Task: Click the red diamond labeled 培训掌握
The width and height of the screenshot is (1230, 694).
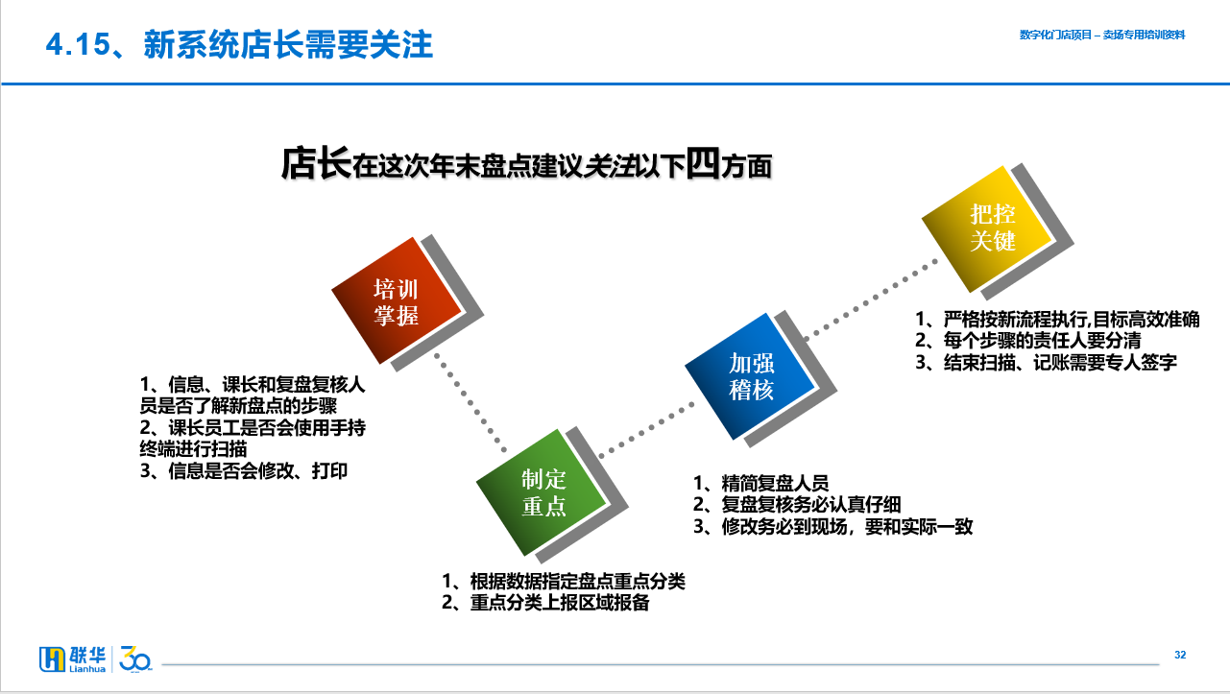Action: coord(397,300)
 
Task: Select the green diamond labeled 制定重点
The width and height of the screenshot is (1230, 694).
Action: coord(542,492)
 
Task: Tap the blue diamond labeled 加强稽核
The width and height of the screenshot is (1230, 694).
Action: coord(750,376)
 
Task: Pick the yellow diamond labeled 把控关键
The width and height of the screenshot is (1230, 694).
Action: coord(987,229)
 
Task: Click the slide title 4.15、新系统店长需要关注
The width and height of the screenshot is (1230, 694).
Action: coord(239,44)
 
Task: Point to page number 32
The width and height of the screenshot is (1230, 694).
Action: coord(1180,655)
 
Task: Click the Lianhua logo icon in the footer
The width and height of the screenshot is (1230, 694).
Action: coord(52,658)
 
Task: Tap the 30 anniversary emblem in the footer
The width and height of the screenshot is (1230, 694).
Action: coord(134,658)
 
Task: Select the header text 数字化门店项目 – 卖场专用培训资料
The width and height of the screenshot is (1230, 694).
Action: coord(1102,36)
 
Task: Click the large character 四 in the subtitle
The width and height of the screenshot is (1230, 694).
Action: coord(703,162)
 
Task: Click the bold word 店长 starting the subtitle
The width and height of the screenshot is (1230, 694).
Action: coord(316,163)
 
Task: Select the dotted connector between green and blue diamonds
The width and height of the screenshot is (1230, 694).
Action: coord(647,430)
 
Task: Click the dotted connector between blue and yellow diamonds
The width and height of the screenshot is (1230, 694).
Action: coord(872,299)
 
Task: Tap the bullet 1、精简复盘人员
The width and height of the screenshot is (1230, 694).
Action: coord(761,483)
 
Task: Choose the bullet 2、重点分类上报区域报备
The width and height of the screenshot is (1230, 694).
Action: coord(545,603)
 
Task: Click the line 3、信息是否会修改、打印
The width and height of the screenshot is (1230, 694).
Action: coord(244,471)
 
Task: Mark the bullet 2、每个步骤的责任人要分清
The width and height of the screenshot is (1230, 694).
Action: coord(1028,341)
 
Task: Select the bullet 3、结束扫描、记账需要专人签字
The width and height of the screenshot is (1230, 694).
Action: coord(1046,363)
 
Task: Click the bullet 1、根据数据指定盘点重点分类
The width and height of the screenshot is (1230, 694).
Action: coord(564,581)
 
